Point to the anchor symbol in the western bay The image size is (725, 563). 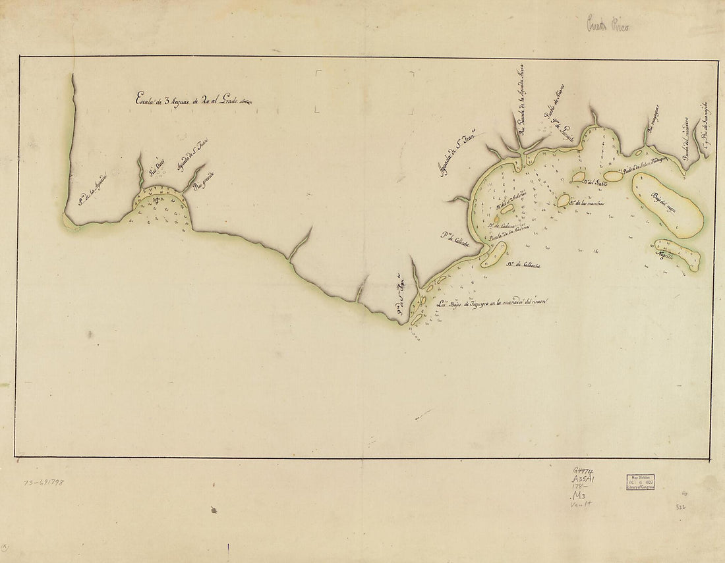(x=155, y=199)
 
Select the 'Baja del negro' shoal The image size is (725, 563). (x=667, y=204)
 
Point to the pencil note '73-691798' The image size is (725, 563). (x=43, y=483)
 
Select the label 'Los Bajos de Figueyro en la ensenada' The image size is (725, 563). (x=493, y=304)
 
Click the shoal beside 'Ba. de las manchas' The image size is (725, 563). (x=564, y=201)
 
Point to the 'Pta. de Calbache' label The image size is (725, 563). (x=455, y=236)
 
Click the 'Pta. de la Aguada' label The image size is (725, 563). (x=92, y=192)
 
